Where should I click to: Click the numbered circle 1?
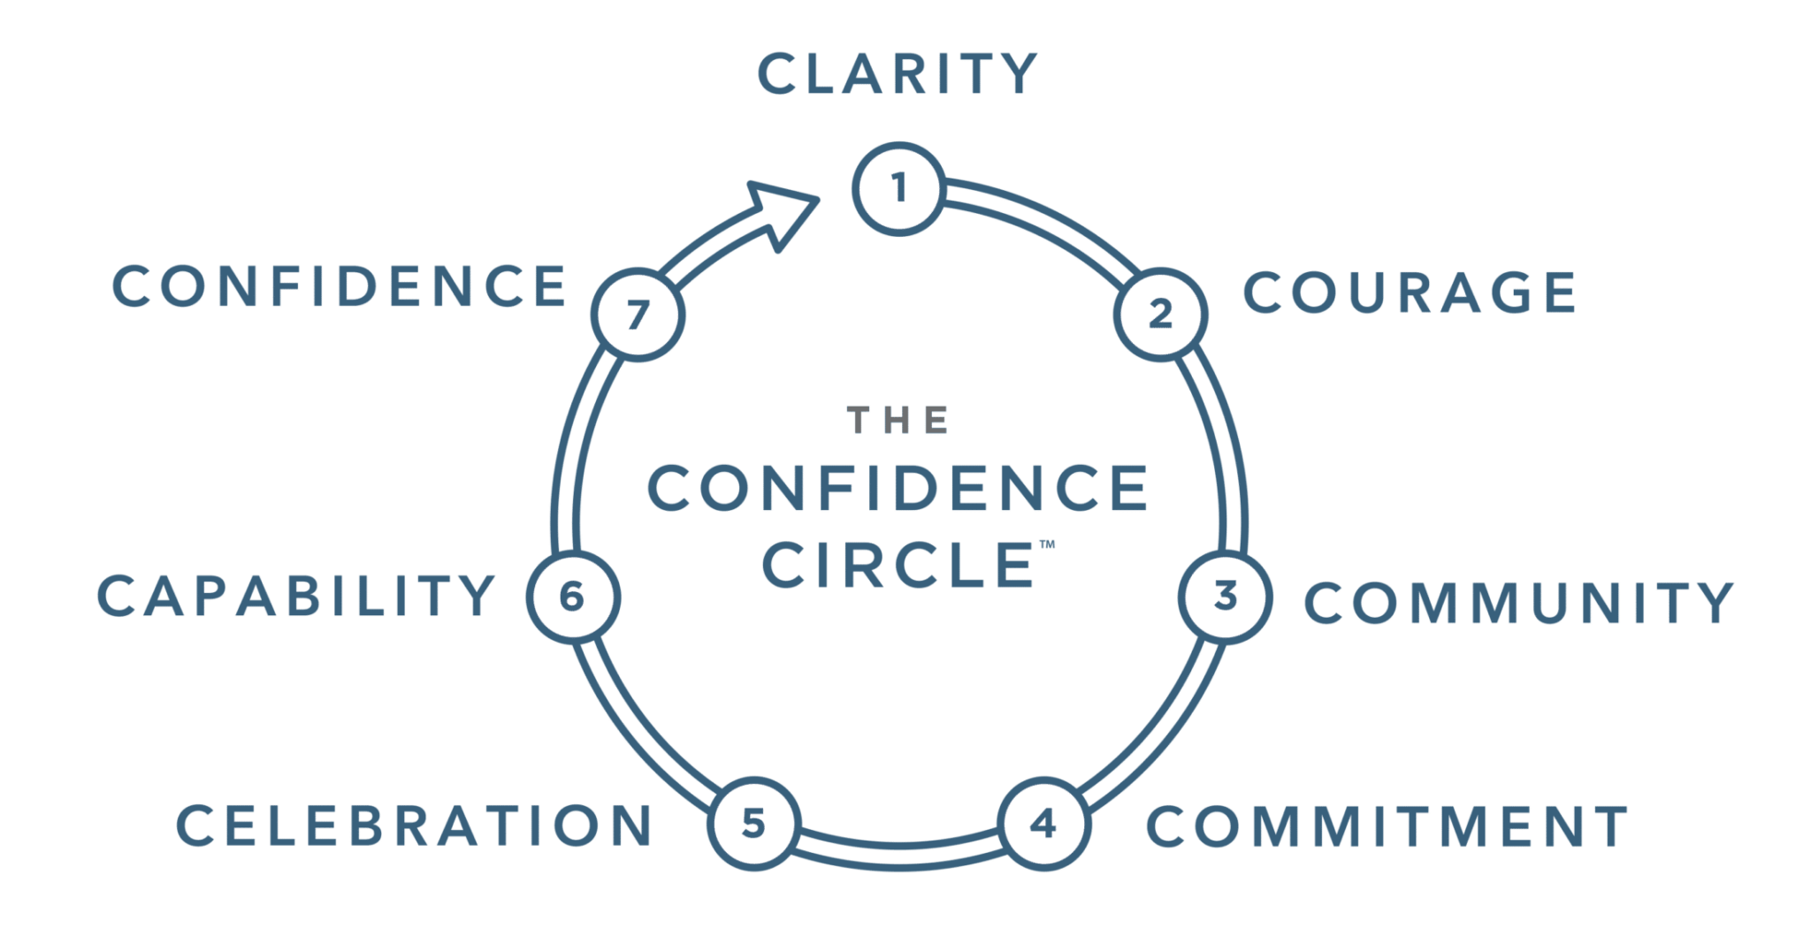tap(899, 189)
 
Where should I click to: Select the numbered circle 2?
tap(1160, 315)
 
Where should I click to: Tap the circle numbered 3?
tap(1226, 597)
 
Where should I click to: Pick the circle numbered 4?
tap(1044, 824)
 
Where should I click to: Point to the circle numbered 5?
tap(753, 824)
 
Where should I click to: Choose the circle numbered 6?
tap(572, 597)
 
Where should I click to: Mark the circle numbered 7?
tap(638, 315)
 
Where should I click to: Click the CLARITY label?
tap(898, 73)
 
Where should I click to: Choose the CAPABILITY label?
tap(295, 596)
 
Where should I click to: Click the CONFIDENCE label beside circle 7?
tap(339, 286)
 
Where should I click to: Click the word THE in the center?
tap(898, 421)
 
